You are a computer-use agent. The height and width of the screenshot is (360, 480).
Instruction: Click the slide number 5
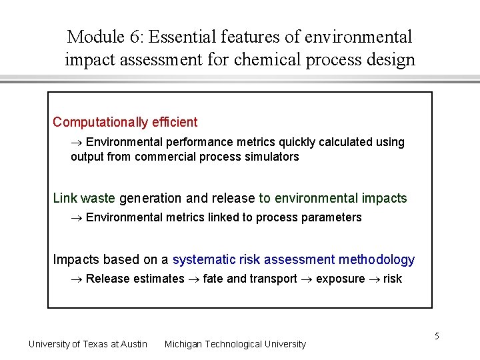coord(437,335)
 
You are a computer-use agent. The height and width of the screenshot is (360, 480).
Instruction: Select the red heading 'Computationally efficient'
coord(125,122)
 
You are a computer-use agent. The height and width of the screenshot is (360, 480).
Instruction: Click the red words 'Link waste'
coord(84,198)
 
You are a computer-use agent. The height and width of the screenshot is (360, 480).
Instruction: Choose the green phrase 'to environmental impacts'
coord(333,198)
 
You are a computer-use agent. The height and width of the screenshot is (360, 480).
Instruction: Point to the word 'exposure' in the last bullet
coord(340,279)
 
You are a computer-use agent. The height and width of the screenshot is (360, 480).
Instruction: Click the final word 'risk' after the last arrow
coord(393,279)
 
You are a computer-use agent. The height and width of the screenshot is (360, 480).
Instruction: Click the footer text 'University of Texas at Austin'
coord(88,344)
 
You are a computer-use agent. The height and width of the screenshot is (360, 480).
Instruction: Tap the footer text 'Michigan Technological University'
coord(235,344)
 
